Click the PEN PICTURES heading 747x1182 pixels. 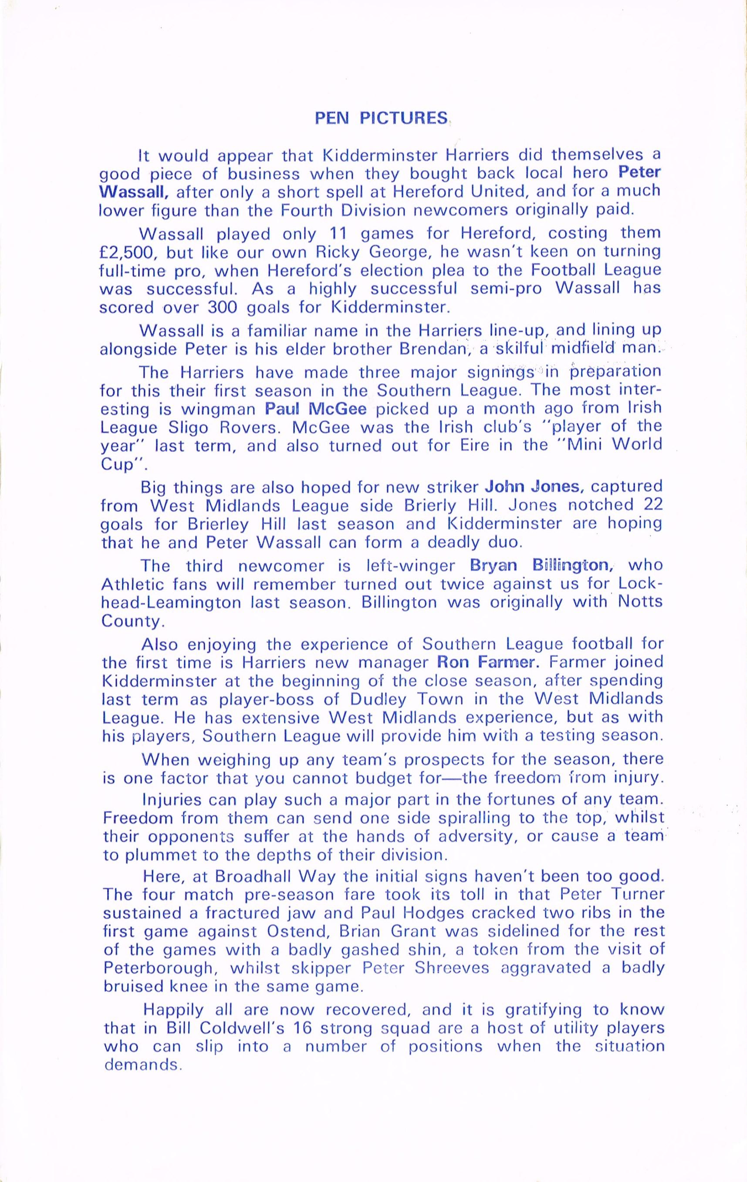(381, 119)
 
